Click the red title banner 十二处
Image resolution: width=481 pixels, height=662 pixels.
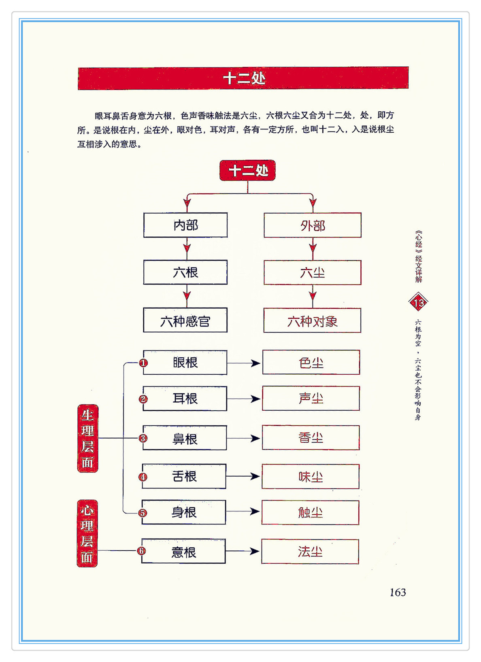[x=243, y=78]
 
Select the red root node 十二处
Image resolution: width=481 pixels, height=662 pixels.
[x=247, y=170]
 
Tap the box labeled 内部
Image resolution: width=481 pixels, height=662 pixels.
[x=185, y=225]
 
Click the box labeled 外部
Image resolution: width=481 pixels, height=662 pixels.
[x=312, y=225]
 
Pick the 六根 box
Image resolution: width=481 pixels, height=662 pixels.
[x=185, y=272]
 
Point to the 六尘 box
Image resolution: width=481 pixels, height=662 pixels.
[x=312, y=272]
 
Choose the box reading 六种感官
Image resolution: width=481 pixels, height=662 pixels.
[x=185, y=320]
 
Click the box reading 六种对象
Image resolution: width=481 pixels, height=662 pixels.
[x=312, y=321]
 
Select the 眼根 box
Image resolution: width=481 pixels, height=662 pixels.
[x=185, y=363]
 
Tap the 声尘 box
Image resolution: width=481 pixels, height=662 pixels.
[x=311, y=399]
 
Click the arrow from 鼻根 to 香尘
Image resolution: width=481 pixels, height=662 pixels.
[x=244, y=438]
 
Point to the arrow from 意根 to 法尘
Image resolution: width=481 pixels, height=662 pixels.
[x=243, y=551]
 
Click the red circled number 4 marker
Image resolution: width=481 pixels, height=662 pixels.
[x=143, y=477]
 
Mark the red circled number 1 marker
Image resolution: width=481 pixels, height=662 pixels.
[x=143, y=363]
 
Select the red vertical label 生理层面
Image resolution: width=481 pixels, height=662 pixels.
[x=87, y=438]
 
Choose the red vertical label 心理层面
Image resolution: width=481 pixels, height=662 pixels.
[x=87, y=533]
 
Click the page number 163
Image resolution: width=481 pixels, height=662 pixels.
[x=398, y=592]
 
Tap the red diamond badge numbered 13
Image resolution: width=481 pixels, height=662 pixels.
[x=418, y=302]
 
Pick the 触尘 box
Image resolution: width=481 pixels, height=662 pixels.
[x=310, y=513]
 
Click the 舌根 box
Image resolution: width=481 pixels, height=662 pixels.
[x=185, y=476]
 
